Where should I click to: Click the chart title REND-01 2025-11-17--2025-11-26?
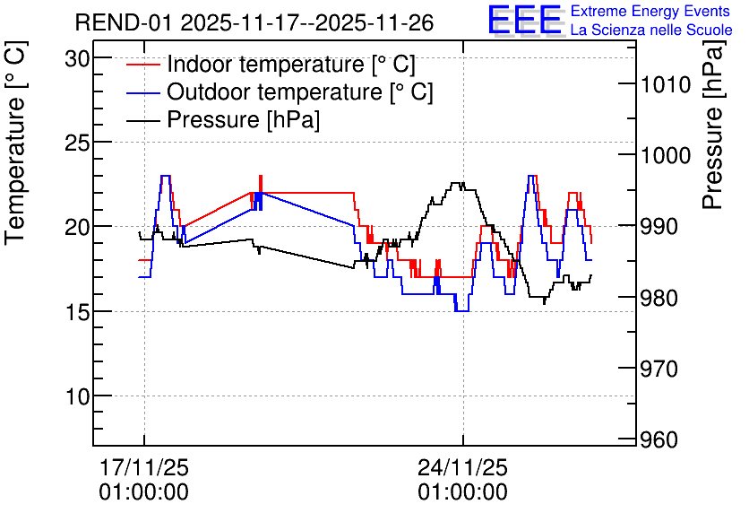coord(254,22)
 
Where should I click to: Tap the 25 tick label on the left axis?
coord(78,143)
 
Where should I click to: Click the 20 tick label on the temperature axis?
coord(78,228)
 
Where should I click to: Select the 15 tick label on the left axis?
coord(78,312)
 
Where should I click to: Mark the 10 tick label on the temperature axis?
coord(78,396)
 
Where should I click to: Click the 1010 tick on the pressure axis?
coord(666,85)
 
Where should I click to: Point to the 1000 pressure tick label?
coord(666,156)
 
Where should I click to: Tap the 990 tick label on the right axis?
coord(659,227)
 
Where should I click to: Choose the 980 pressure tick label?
coord(659,298)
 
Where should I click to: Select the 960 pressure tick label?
coord(659,439)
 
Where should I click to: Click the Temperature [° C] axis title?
coord(15,143)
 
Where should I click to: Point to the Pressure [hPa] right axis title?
coord(714,125)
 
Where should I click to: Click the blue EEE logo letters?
coord(525,20)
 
